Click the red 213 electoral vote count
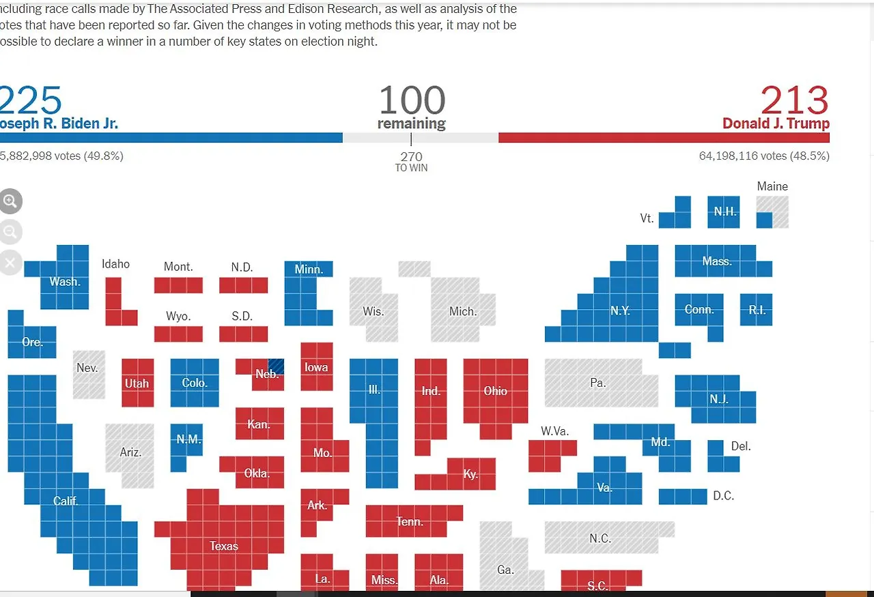[794, 100]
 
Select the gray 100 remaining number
[412, 100]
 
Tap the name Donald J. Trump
[776, 123]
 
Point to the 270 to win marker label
[411, 161]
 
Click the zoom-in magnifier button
[10, 201]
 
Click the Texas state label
[224, 546]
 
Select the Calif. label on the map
[66, 501]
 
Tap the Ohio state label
[496, 391]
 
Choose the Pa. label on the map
[597, 383]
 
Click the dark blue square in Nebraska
[276, 366]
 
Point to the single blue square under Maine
[765, 220]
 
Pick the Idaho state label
[115, 264]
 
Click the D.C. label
[723, 496]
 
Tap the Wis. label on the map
[373, 311]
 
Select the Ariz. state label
[130, 452]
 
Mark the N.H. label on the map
[725, 212]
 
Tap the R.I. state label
[757, 310]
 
